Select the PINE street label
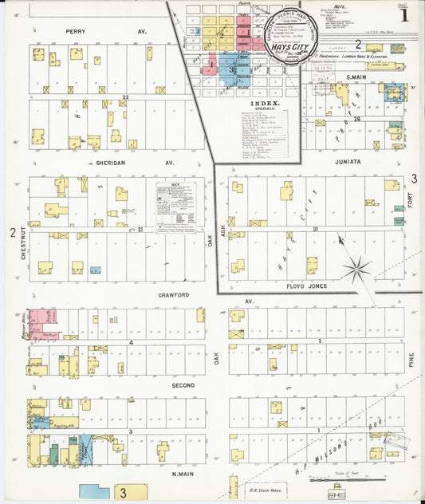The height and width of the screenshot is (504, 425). click(x=411, y=360)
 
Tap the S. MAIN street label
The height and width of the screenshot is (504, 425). click(x=360, y=77)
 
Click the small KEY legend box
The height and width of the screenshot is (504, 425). click(x=175, y=207)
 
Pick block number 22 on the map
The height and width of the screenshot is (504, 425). click(x=125, y=97)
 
